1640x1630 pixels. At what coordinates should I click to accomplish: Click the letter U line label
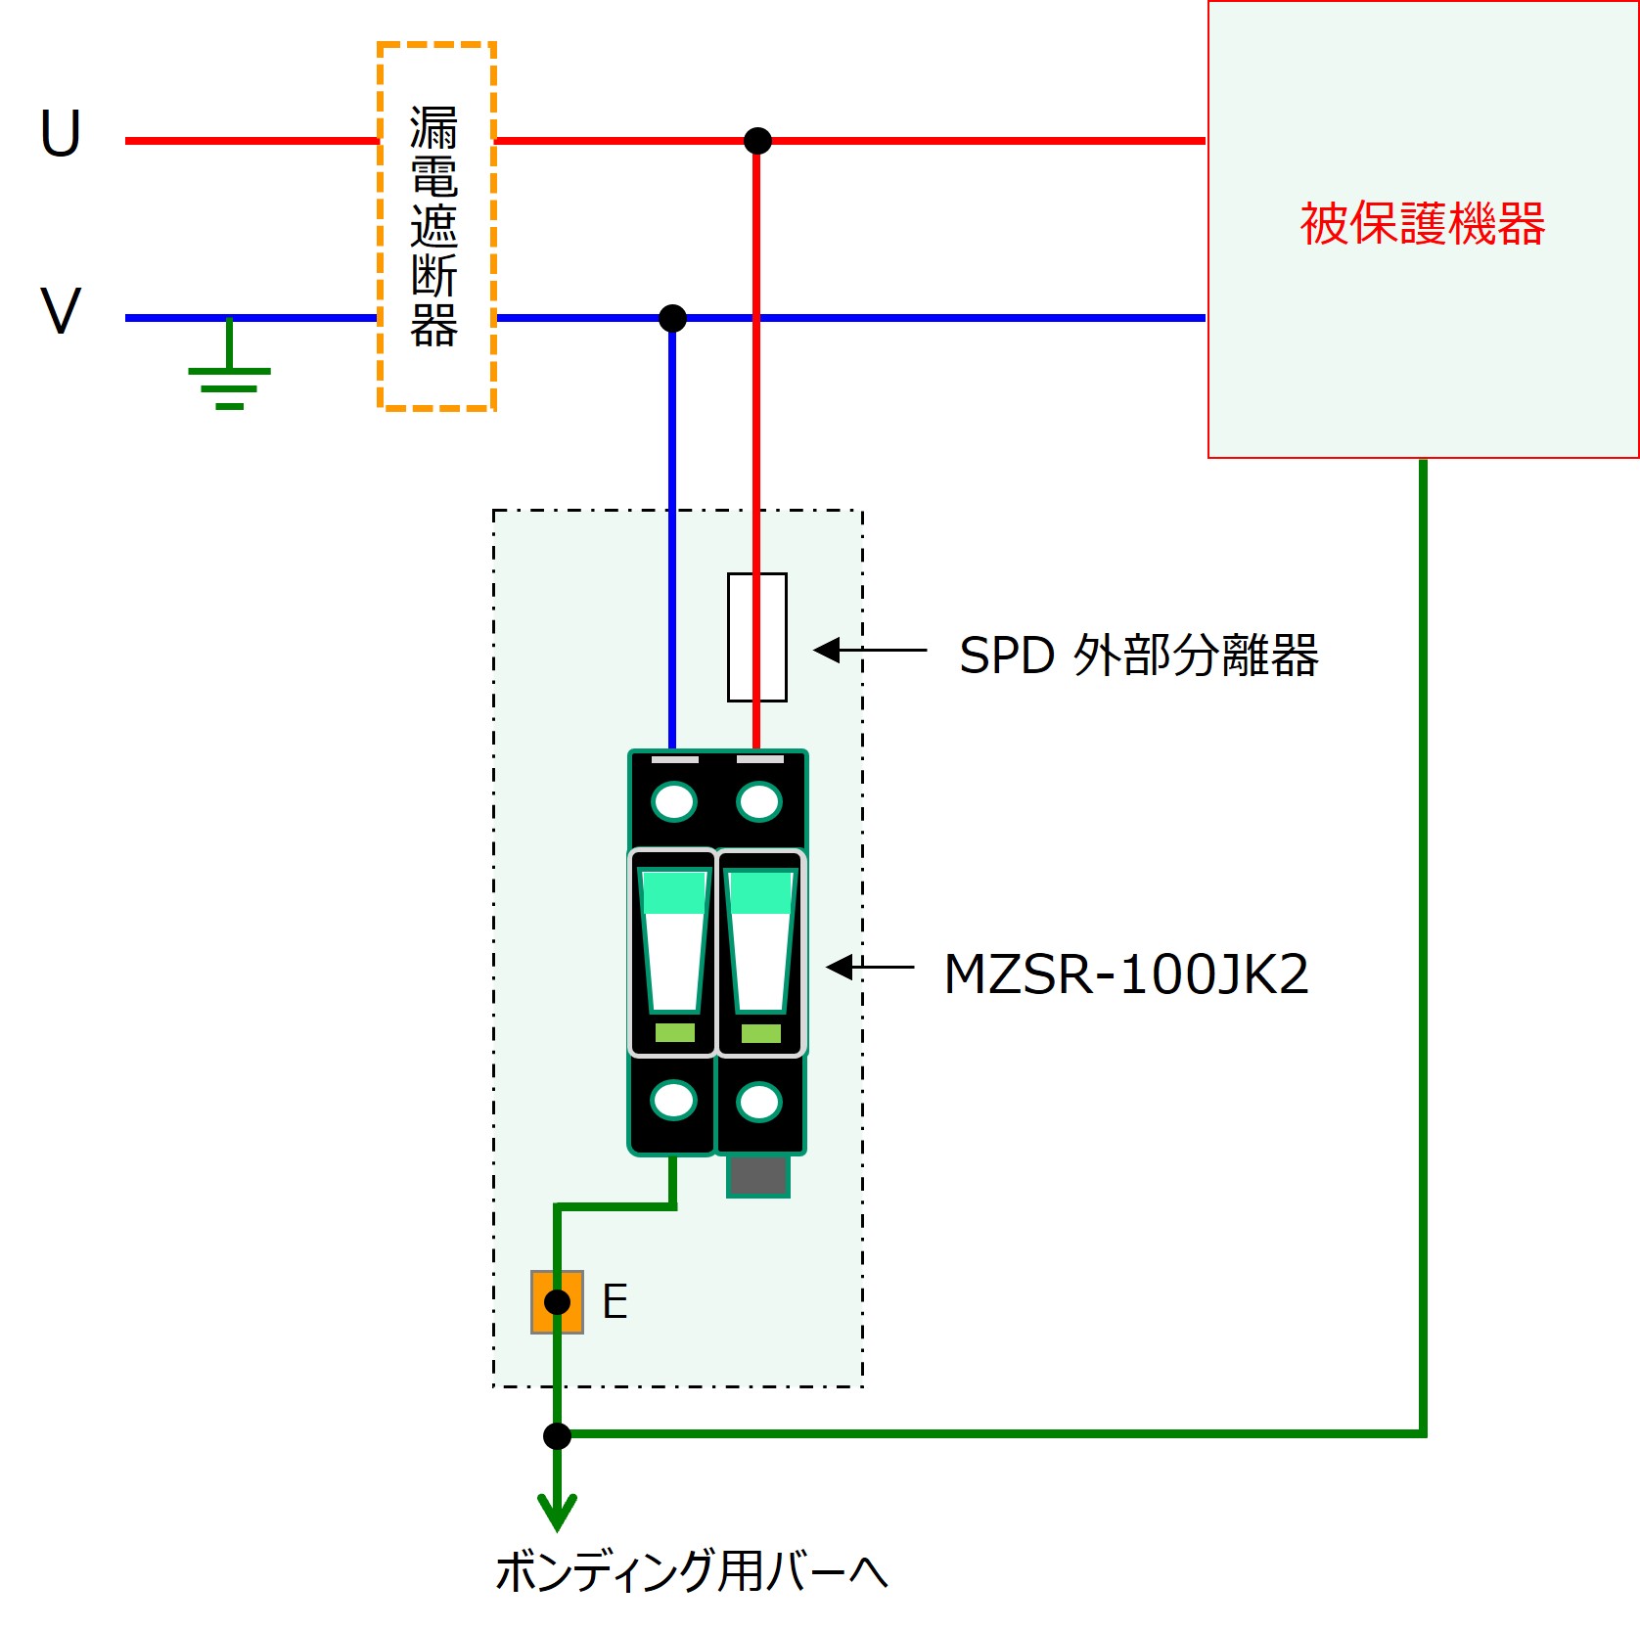click(x=61, y=133)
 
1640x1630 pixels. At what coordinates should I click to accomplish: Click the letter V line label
click(x=61, y=311)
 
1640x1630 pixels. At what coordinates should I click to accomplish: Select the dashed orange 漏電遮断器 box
click(x=436, y=226)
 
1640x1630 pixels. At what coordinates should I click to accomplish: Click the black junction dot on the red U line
click(x=757, y=141)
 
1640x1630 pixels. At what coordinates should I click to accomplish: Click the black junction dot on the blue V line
click(x=672, y=318)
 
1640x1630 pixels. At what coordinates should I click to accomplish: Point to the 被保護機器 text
click(x=1422, y=224)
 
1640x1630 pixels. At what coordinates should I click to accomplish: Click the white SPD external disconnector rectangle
click(x=757, y=637)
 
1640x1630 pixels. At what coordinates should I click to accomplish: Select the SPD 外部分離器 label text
click(x=1138, y=655)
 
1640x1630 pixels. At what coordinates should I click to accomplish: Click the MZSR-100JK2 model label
click(x=1125, y=974)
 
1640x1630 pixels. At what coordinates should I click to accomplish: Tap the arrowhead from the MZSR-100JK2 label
click(x=840, y=968)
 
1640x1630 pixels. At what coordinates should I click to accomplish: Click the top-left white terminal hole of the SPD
click(x=674, y=801)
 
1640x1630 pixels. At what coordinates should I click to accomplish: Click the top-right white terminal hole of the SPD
click(x=759, y=801)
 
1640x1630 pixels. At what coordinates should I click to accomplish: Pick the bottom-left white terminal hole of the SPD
click(x=674, y=1100)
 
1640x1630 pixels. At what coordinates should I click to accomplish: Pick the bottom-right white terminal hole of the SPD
click(x=759, y=1102)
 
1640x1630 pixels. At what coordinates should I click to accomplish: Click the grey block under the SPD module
click(x=758, y=1175)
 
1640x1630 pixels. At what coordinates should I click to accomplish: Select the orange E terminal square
click(x=557, y=1302)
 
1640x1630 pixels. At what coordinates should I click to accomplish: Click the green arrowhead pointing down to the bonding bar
click(x=557, y=1511)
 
